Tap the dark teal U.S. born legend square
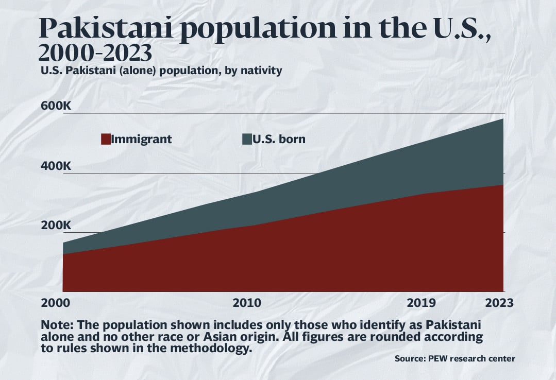[x=247, y=139]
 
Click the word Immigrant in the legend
[x=141, y=139]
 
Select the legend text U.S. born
[x=279, y=139]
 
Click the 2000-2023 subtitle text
[x=95, y=54]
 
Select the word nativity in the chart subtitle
[x=261, y=71]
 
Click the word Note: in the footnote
[x=58, y=326]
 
